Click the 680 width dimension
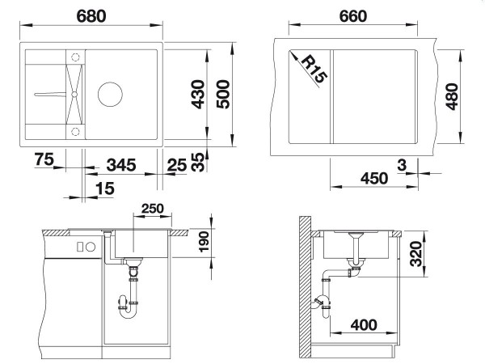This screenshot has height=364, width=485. (91, 16)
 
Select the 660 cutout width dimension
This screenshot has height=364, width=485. (353, 16)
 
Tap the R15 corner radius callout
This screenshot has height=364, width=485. (314, 69)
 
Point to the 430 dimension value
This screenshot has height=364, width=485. (198, 94)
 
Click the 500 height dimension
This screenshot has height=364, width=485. (223, 94)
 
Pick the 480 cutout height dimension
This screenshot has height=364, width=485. (452, 96)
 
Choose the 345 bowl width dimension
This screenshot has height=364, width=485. (121, 165)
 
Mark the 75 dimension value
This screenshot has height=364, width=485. (44, 159)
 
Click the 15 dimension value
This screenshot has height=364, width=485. (105, 188)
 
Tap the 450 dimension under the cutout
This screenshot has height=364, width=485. (374, 178)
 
